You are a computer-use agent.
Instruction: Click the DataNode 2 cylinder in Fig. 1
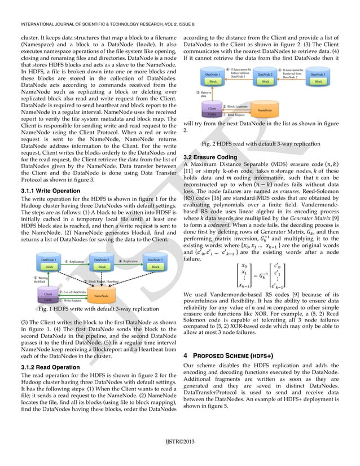[102, 262]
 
